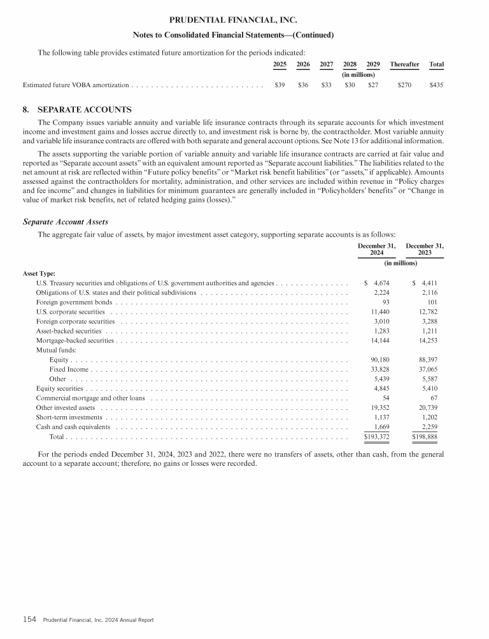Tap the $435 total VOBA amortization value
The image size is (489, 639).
tap(437, 85)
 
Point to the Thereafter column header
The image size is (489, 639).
tap(404, 64)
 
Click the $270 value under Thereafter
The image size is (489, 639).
tap(404, 85)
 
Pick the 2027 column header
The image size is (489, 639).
tap(326, 64)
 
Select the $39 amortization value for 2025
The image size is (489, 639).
tap(280, 85)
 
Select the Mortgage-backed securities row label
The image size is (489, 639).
tap(75, 341)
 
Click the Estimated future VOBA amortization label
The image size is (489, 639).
tap(76, 85)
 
